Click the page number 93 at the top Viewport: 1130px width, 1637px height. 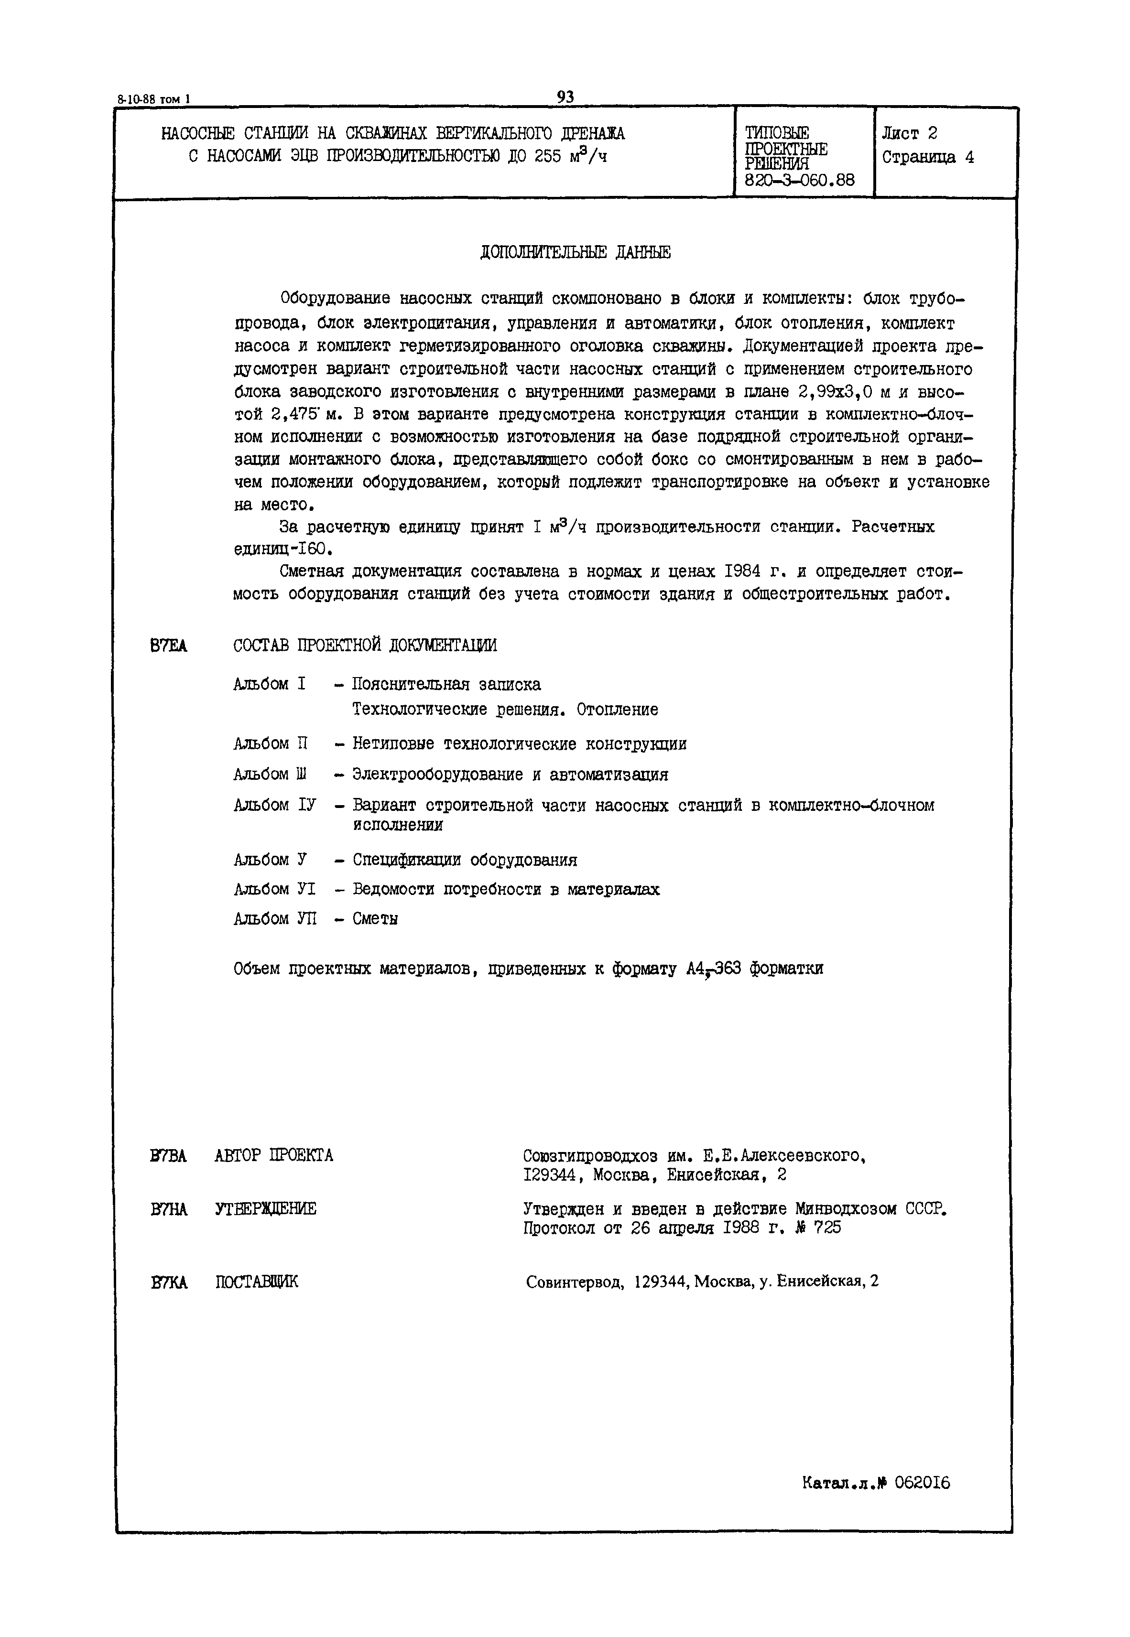565,97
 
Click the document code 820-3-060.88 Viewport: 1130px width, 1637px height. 799,181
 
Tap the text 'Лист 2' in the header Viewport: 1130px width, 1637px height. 910,133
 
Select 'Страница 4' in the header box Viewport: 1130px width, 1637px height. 927,157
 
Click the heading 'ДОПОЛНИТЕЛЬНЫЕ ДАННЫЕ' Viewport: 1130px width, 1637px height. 575,253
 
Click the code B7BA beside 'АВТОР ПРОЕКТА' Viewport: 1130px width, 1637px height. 169,1156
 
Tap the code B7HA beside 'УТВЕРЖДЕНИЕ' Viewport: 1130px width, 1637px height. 169,1209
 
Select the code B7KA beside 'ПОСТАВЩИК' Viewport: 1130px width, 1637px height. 169,1282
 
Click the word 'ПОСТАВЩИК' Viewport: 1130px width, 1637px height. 257,1282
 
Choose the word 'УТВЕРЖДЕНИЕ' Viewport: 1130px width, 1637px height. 265,1209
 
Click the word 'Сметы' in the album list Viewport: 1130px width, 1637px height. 375,919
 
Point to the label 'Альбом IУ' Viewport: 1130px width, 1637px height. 275,806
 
